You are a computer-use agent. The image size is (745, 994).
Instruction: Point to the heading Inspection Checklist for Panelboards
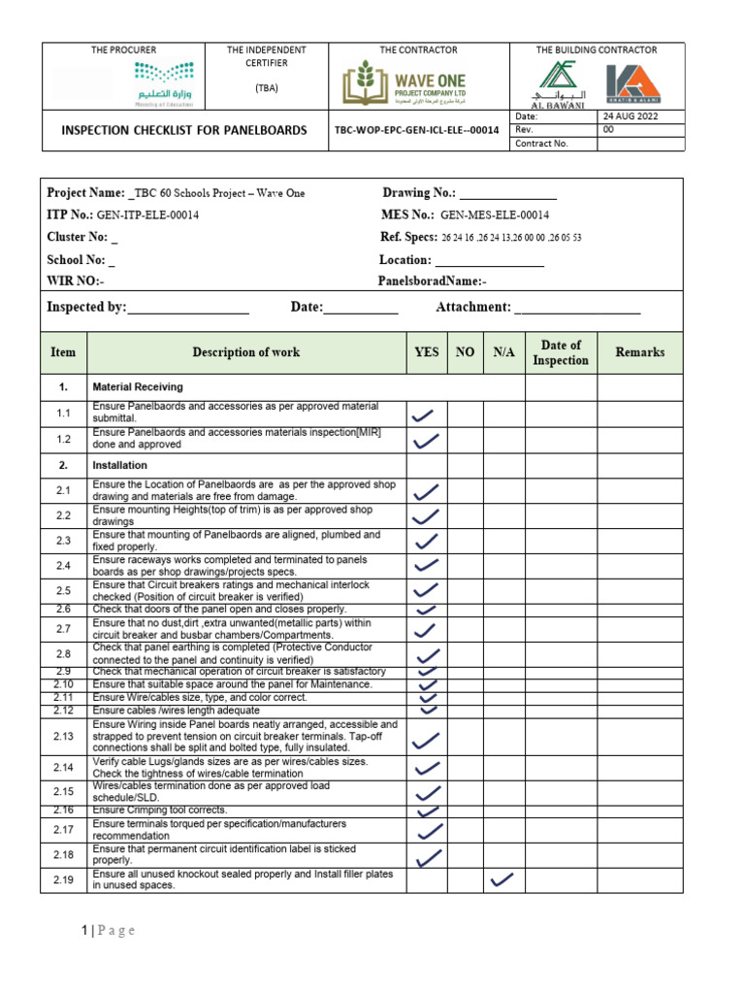pyautogui.click(x=184, y=130)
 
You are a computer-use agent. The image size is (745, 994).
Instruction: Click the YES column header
pyautogui.click(x=427, y=352)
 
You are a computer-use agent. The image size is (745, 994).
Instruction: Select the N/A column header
pyautogui.click(x=503, y=352)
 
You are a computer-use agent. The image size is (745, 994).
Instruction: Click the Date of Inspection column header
pyautogui.click(x=561, y=352)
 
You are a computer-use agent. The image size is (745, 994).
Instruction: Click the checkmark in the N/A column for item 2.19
pyautogui.click(x=502, y=879)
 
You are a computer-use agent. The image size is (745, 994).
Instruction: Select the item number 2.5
pyautogui.click(x=64, y=590)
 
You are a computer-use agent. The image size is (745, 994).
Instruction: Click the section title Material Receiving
pyautogui.click(x=137, y=386)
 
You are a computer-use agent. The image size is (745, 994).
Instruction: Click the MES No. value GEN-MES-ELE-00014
pyautogui.click(x=495, y=215)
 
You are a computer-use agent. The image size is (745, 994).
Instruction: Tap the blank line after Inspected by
pyautogui.click(x=188, y=308)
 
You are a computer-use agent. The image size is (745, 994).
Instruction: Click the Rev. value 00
pyautogui.click(x=608, y=129)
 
